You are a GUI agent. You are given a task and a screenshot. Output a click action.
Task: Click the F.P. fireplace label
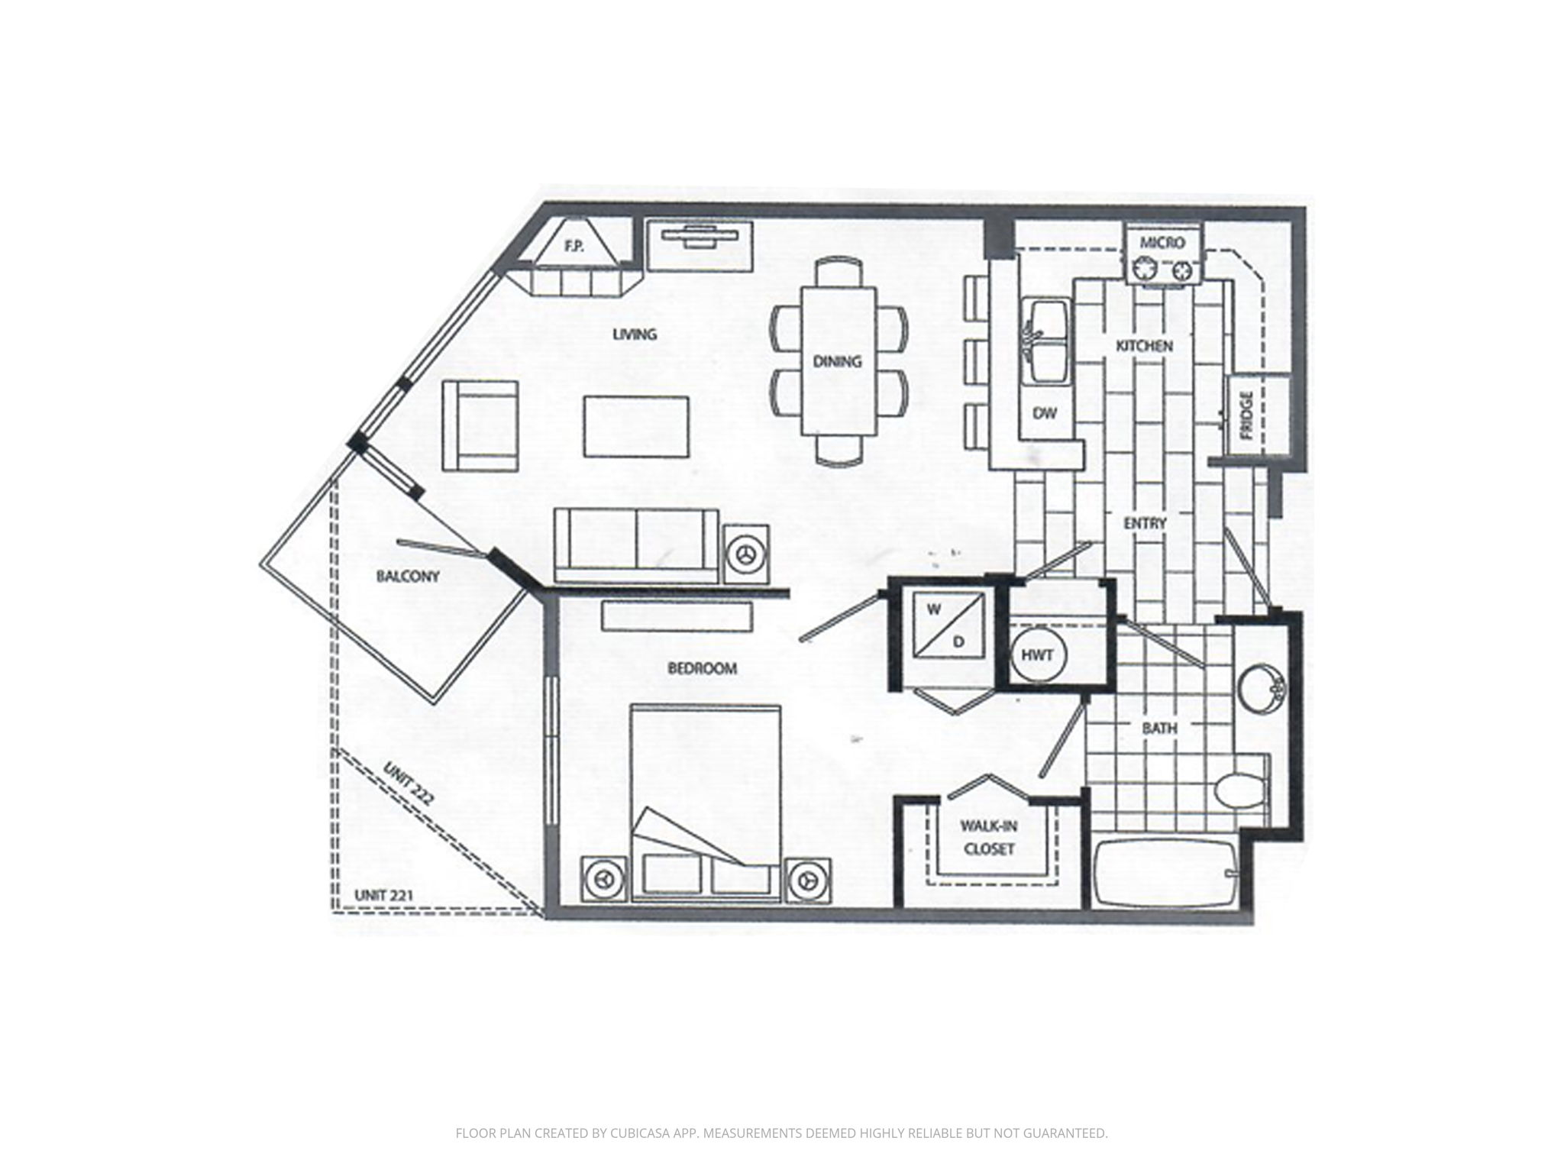tap(574, 247)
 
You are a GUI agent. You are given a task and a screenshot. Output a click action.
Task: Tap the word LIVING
tap(635, 334)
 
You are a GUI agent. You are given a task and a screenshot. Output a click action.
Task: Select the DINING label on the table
tap(837, 361)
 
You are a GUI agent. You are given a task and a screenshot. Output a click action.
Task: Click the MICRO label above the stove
tap(1162, 243)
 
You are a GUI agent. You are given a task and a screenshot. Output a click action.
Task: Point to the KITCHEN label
tap(1144, 346)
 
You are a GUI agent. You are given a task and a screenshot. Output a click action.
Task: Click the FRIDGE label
tap(1247, 416)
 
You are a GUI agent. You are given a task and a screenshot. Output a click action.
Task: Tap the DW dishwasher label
tap(1044, 413)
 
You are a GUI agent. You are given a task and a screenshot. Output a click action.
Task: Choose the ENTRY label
tap(1145, 523)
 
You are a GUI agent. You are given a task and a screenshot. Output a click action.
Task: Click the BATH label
tap(1159, 729)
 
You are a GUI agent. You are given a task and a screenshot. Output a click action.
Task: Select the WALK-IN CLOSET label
tap(988, 837)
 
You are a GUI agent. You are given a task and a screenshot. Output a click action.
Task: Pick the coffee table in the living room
tap(637, 426)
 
